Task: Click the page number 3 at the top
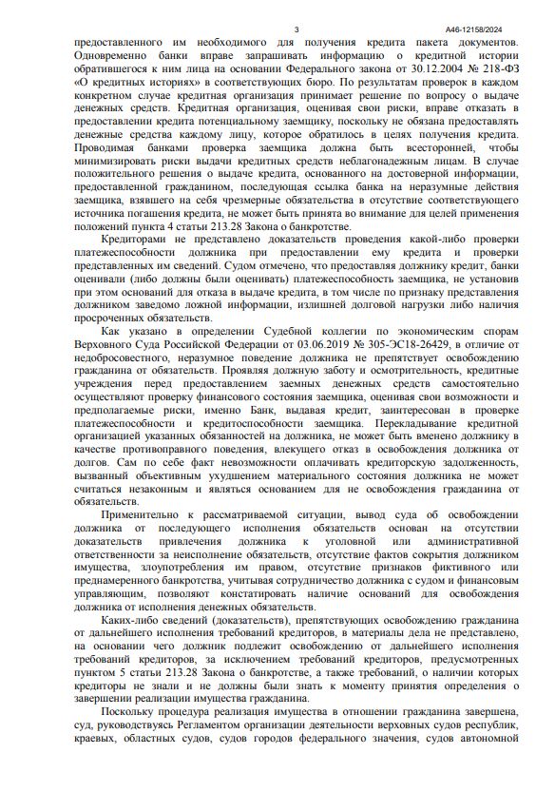tap(297, 29)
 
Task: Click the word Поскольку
tap(131, 709)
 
